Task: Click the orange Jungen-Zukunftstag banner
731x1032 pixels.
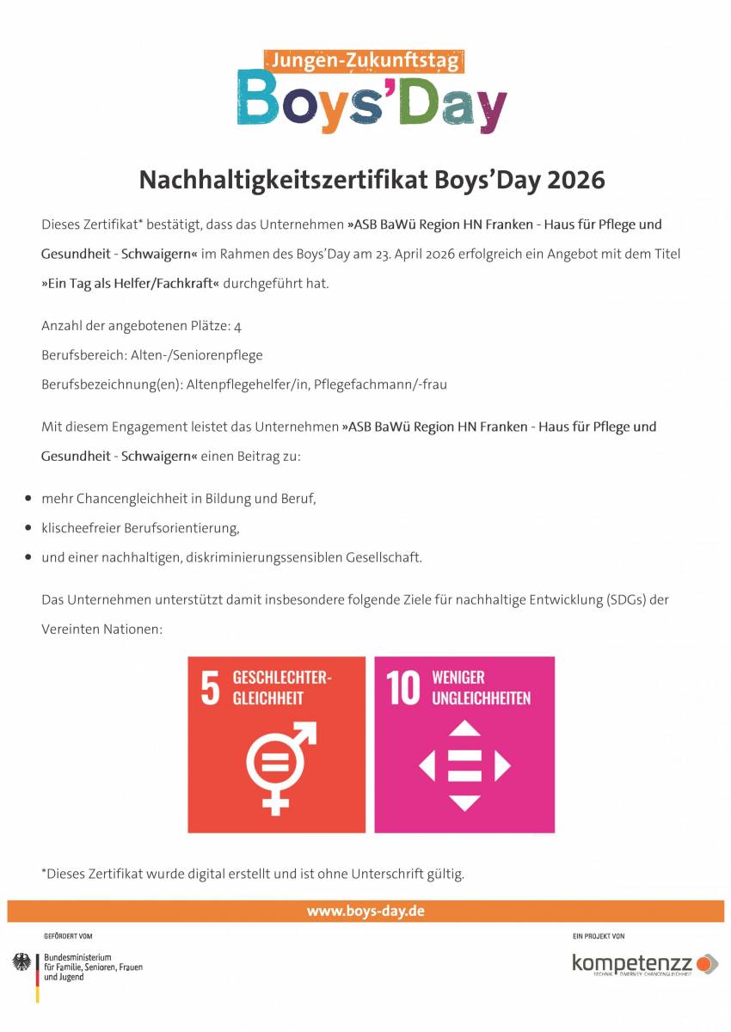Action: (x=365, y=61)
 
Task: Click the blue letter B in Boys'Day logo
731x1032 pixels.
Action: (x=259, y=101)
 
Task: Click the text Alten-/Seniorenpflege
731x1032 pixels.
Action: (x=197, y=355)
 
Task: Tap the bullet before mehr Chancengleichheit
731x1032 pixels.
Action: (x=28, y=499)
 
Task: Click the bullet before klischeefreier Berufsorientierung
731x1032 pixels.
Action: (x=28, y=528)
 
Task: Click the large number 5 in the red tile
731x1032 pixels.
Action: (x=210, y=689)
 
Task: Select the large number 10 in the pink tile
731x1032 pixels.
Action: (x=402, y=689)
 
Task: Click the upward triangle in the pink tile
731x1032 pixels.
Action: (x=464, y=728)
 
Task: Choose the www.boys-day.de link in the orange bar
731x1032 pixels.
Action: (x=365, y=911)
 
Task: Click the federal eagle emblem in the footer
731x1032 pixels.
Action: (x=21, y=962)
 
